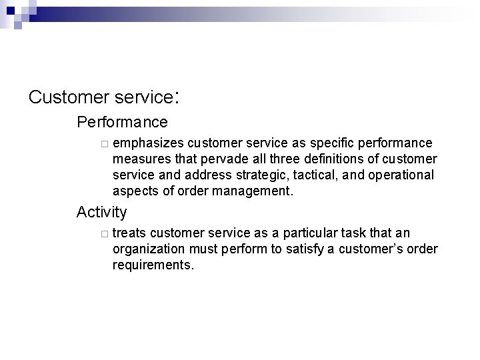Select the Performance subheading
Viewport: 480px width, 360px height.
click(x=122, y=123)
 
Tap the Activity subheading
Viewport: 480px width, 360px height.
click(x=101, y=212)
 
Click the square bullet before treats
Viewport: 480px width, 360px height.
click(x=104, y=234)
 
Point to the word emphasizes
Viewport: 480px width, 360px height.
click(x=149, y=143)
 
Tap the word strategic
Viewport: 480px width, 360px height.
click(x=254, y=175)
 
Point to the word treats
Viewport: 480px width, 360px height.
click(x=130, y=233)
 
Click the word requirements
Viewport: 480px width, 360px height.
click(x=153, y=265)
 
